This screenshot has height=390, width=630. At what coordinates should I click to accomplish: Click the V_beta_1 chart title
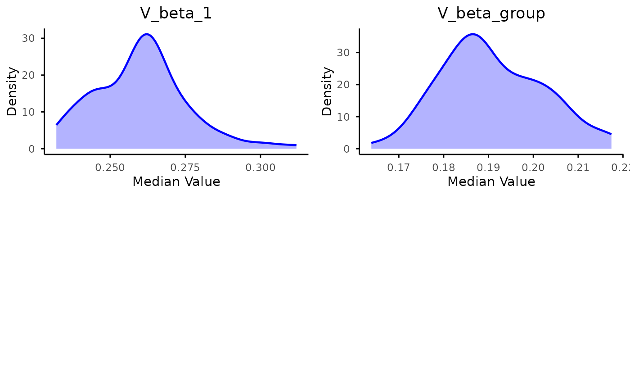point(176,14)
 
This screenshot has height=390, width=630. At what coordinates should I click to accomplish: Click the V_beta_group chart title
point(491,14)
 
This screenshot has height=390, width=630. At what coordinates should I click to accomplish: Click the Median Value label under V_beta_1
point(176,181)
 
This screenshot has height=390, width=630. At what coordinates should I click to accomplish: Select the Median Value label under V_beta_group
point(491,181)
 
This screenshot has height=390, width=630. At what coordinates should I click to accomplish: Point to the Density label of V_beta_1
point(12,91)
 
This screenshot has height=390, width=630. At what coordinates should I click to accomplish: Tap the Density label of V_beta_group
point(327,91)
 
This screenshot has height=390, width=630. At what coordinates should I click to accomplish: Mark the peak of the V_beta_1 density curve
point(147,34)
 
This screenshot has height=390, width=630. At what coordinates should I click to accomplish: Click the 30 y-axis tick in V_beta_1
point(28,38)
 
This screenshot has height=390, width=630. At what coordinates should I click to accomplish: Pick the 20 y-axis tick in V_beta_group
point(343,85)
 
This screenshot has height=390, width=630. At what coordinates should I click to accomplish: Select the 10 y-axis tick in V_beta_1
point(28,112)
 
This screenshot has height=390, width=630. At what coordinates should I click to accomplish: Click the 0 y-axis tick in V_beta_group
point(346,149)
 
